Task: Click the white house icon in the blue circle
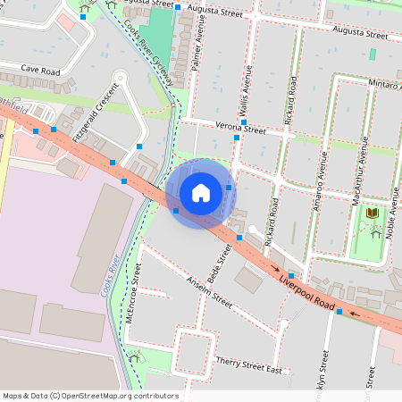pos(201,192)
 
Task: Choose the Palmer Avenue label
pos(201,49)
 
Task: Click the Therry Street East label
pos(248,364)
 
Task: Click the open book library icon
pos(372,214)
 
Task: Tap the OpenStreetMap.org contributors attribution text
pos(89,396)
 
